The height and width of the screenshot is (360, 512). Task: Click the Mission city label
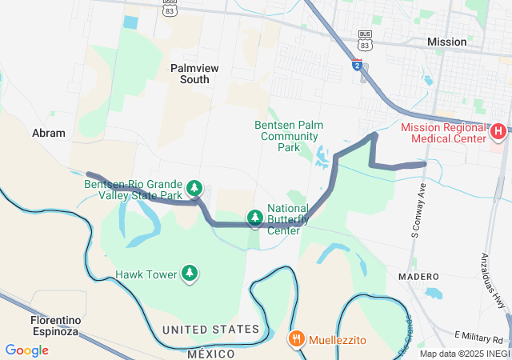click(446, 42)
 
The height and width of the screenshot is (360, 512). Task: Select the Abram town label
click(49, 133)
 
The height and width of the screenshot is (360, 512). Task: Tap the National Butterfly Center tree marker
click(254, 217)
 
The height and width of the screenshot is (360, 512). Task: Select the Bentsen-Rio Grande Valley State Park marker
click(194, 189)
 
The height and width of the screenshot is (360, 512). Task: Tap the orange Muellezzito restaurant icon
click(296, 338)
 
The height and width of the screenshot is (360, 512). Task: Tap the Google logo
click(27, 350)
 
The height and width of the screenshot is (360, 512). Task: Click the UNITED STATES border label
click(210, 330)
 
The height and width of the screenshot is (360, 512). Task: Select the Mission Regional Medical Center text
click(443, 133)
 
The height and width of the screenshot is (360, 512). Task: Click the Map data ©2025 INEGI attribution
click(464, 354)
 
